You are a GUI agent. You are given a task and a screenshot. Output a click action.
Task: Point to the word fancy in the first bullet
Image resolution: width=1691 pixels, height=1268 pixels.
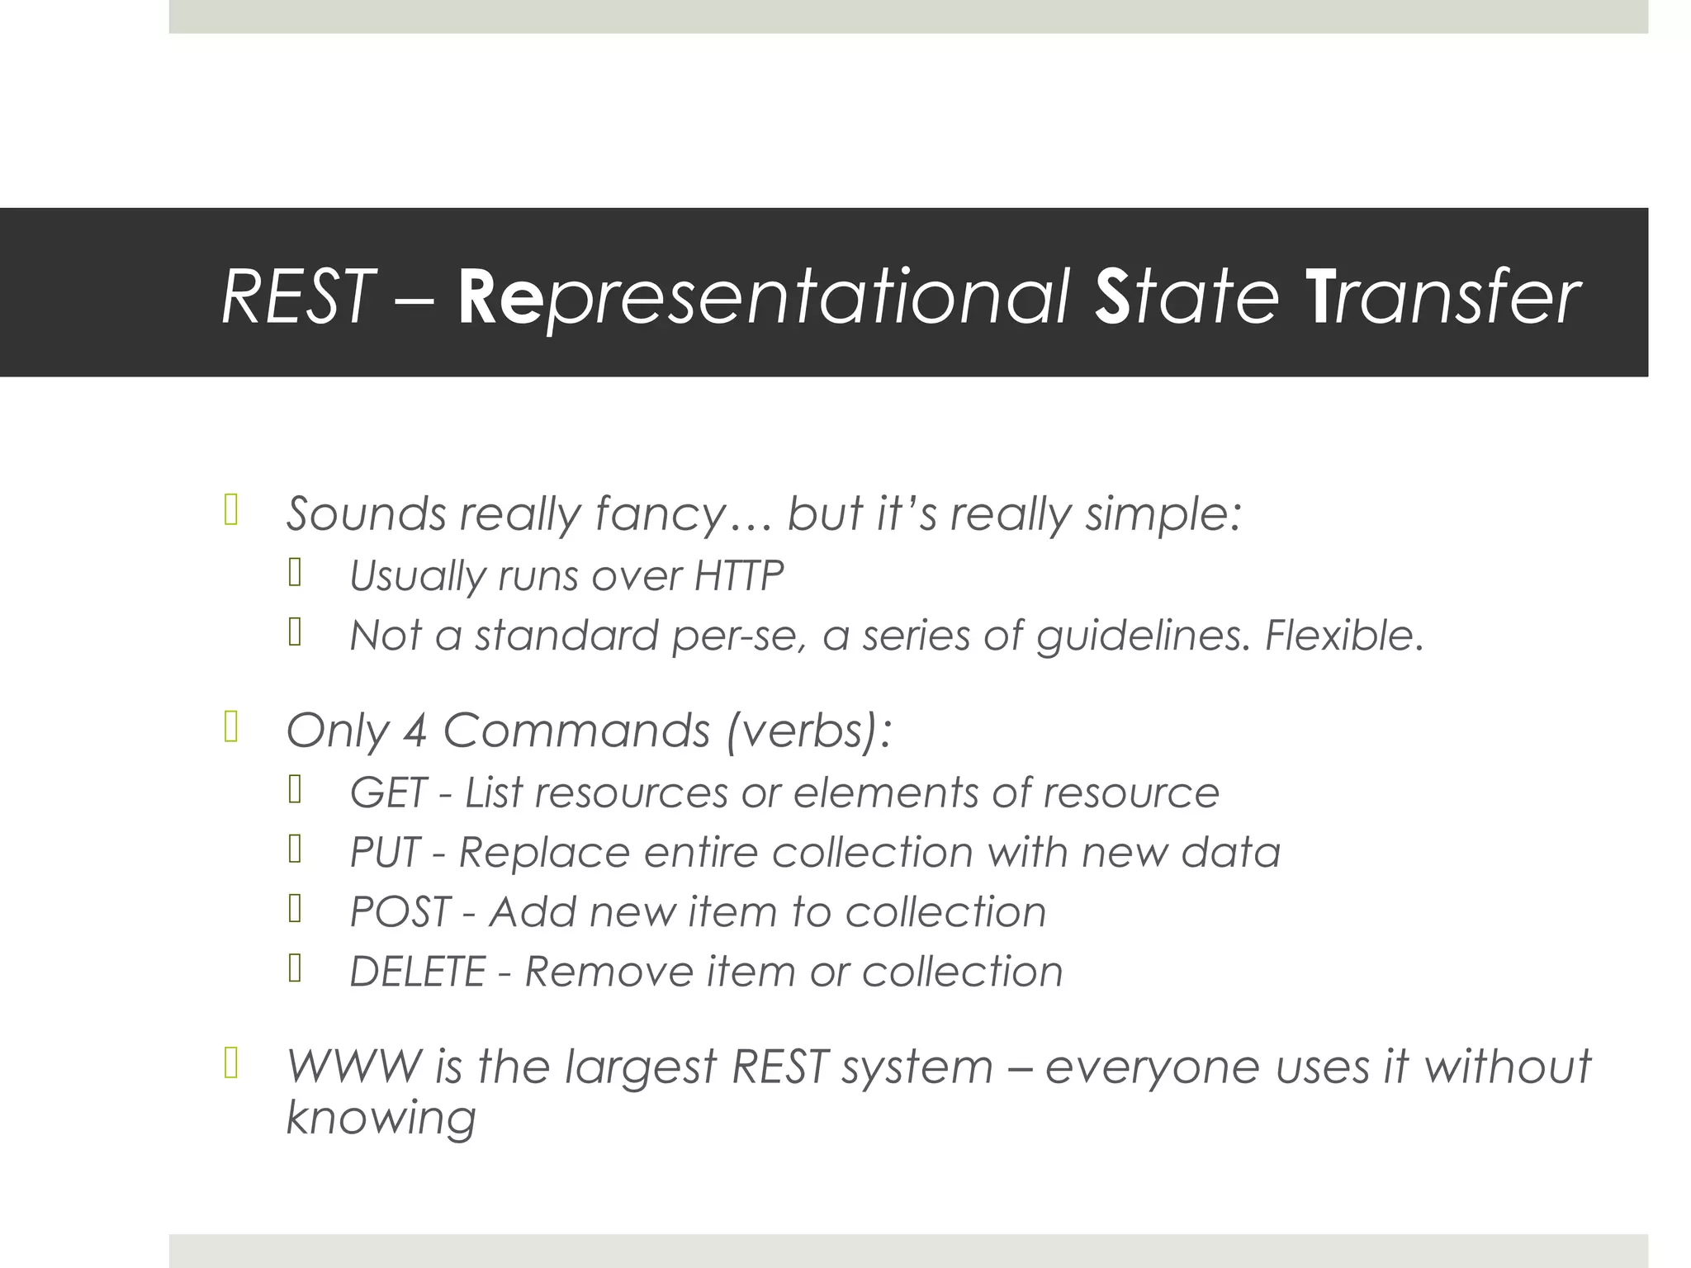click(660, 515)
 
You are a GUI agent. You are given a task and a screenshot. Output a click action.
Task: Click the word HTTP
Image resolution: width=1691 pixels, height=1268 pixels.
click(738, 575)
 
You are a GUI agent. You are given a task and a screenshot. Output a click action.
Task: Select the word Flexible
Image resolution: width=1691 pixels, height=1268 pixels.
click(1344, 636)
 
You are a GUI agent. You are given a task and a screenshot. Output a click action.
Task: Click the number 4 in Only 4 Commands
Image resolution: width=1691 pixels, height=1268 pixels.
click(415, 731)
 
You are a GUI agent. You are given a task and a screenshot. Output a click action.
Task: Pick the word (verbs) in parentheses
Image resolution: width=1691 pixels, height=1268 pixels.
click(808, 731)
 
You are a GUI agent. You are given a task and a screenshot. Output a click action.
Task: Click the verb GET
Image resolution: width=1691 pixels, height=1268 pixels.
click(387, 793)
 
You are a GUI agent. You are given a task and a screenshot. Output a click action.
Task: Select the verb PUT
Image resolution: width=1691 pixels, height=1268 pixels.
click(385, 853)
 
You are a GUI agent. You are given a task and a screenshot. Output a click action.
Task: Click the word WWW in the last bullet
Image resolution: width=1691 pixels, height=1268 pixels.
click(354, 1067)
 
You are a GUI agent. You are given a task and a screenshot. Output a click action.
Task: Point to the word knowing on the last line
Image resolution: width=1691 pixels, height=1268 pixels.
click(381, 1119)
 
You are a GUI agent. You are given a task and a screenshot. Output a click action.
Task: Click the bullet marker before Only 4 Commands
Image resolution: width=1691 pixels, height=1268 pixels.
click(231, 727)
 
